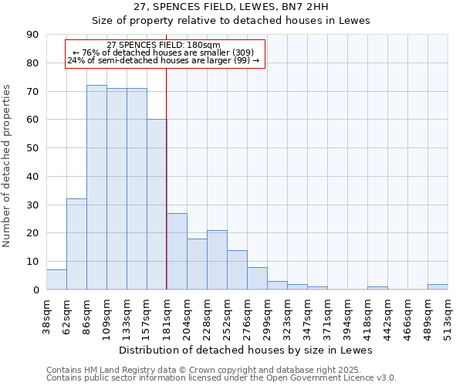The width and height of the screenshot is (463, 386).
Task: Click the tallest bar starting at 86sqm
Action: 96,188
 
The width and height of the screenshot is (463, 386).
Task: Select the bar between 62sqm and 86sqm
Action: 76,244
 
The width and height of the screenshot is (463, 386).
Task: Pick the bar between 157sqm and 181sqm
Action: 157,205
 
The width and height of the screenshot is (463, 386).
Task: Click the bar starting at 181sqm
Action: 177,252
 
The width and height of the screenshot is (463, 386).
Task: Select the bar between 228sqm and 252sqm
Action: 217,260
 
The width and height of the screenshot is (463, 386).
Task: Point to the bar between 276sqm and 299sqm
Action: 257,279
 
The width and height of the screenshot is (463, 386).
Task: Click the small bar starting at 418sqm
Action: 377,288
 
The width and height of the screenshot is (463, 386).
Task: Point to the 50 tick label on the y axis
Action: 35,148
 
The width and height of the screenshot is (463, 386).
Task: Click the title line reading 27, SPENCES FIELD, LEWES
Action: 231,7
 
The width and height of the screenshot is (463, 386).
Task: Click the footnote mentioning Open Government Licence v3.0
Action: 221,378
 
